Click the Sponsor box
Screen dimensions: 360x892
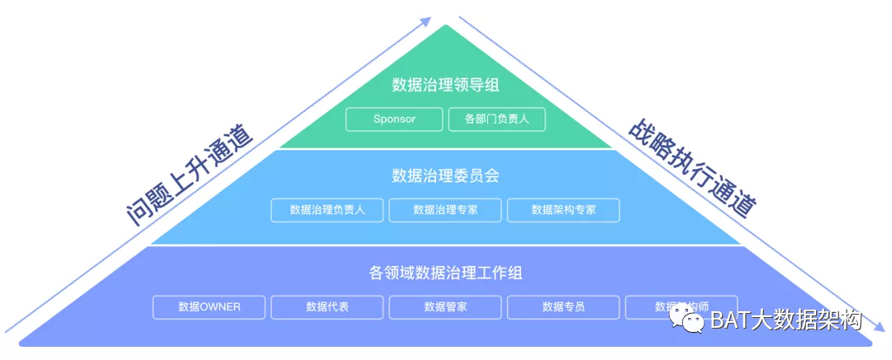point(394,119)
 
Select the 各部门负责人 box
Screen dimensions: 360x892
point(497,119)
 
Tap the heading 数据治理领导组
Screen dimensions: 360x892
point(445,84)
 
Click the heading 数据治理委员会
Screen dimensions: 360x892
point(445,175)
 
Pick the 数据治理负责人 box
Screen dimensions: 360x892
point(327,210)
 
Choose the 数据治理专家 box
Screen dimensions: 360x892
point(445,210)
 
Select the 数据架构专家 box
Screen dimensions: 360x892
point(563,210)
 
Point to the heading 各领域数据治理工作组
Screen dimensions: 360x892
point(445,272)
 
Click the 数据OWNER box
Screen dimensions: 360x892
point(209,307)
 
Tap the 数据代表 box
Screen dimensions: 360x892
point(327,307)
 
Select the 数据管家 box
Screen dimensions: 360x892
point(445,307)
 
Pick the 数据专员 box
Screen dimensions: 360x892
point(563,307)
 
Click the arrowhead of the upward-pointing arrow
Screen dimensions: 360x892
point(426,21)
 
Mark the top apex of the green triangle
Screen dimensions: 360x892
point(446,26)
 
